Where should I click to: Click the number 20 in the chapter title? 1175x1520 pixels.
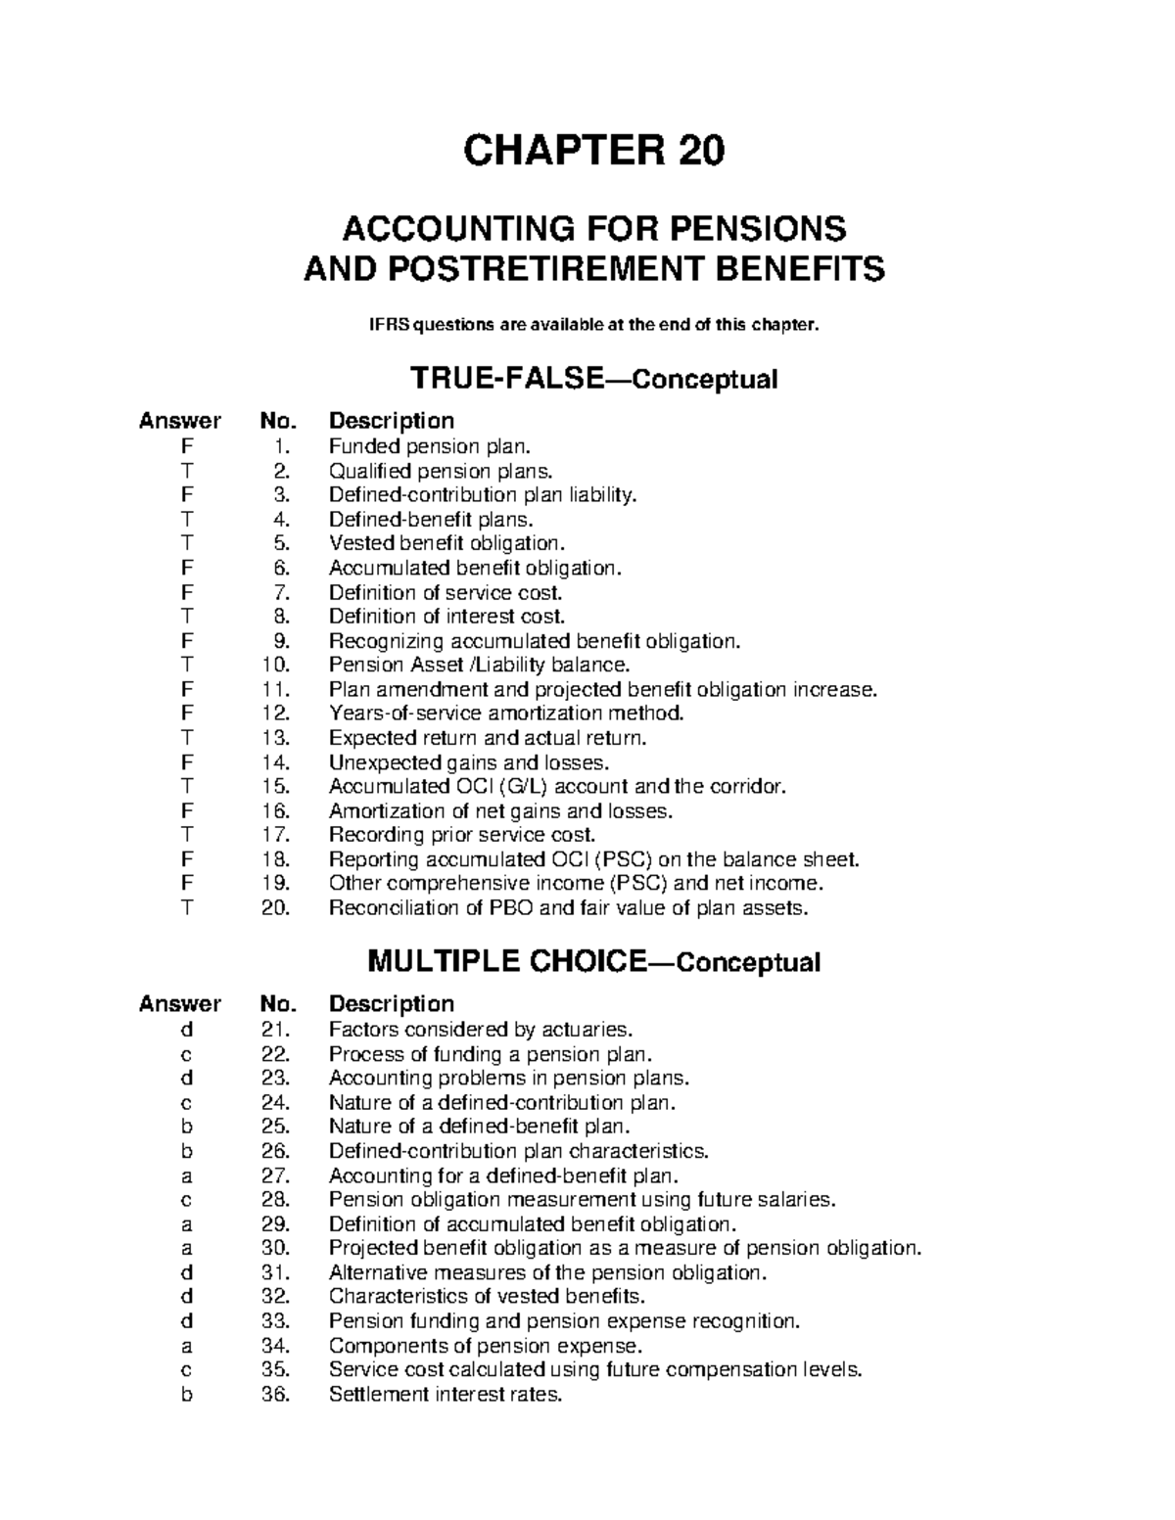(698, 151)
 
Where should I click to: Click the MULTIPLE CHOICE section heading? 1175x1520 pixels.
(506, 962)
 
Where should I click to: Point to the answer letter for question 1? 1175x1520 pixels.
(186, 447)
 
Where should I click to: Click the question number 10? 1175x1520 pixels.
(276, 666)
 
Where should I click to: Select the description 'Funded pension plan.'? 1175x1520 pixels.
(429, 447)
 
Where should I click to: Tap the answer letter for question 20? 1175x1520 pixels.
(186, 908)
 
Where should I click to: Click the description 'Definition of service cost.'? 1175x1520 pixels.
(446, 593)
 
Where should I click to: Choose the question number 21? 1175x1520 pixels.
(276, 1030)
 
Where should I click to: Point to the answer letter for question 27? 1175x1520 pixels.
(186, 1175)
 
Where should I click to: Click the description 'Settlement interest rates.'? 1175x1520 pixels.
(446, 1395)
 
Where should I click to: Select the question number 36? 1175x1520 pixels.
(276, 1395)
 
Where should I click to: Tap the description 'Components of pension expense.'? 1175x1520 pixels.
(486, 1346)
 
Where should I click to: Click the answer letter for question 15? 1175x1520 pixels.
(186, 787)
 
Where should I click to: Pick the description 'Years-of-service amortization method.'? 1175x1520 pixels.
(506, 714)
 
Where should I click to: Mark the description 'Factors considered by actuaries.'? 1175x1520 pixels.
(481, 1030)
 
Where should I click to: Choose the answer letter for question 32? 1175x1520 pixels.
(186, 1297)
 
